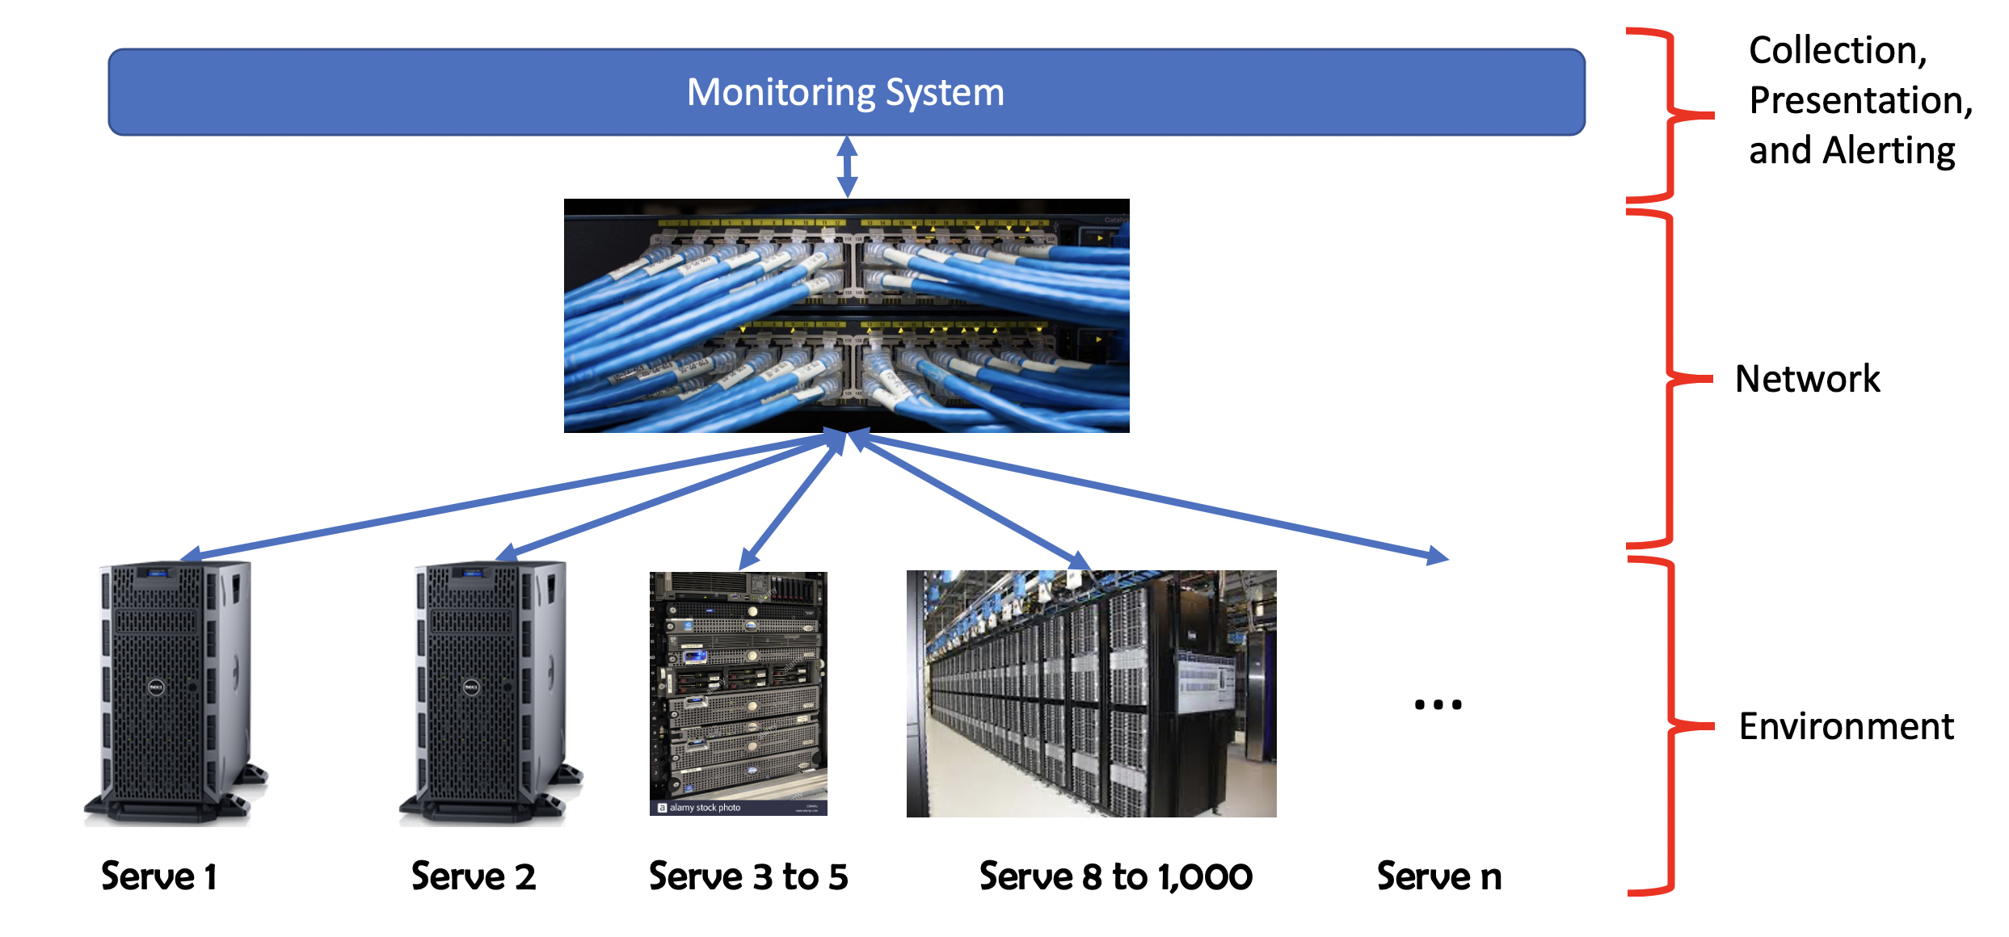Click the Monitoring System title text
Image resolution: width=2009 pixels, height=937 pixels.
845,92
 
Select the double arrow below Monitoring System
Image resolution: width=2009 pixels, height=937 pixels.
847,166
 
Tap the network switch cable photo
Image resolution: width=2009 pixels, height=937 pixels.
846,316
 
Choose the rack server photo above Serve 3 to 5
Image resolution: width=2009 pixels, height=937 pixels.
739,694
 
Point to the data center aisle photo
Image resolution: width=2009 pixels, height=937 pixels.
1091,694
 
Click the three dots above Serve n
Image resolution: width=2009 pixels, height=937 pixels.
1438,704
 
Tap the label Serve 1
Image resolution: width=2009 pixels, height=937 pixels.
159,876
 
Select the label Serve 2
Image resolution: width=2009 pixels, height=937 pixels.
474,876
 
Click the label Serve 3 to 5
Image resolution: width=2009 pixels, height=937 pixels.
748,876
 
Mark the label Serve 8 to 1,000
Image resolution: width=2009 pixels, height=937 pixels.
1116,876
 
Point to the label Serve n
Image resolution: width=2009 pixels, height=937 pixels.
1439,876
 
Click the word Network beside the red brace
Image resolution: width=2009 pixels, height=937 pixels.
1808,378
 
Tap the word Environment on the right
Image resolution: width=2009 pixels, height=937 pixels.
1847,726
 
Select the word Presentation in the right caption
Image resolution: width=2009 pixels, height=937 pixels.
1860,101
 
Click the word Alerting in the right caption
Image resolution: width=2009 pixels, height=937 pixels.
1889,151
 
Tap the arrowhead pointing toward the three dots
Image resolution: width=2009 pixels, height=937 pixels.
1438,556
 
